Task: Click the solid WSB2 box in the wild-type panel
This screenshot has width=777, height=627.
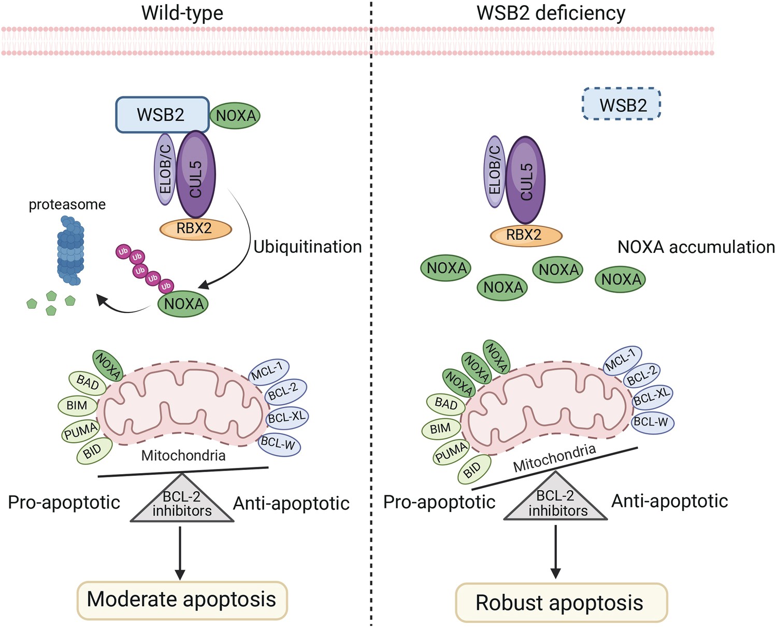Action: coord(162,115)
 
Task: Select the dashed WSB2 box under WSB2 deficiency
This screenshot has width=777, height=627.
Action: coord(622,104)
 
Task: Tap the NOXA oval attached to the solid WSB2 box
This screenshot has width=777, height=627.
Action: coord(235,116)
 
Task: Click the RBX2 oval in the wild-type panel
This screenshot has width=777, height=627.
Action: coord(195,229)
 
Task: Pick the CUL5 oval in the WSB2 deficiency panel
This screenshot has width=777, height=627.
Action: coord(525,180)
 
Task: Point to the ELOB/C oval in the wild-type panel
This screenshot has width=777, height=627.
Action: coord(165,169)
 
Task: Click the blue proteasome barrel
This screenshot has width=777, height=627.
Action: coord(71,251)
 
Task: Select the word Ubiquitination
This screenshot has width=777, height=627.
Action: coord(307,247)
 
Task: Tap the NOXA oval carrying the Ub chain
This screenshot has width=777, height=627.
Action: coord(183,304)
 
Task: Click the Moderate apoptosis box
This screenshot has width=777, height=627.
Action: coord(182,600)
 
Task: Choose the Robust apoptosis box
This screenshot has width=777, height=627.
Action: coord(561,603)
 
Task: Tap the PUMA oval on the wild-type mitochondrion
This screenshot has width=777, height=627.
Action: coord(80,431)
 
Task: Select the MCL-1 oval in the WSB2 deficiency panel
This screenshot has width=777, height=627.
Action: coord(622,361)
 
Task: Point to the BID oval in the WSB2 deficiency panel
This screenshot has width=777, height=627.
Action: coord(474,469)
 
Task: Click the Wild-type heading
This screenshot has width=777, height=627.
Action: coord(182,13)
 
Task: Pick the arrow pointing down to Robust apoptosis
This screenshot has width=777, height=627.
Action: coord(556,552)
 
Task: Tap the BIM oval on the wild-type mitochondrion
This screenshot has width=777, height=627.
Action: coord(77,406)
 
